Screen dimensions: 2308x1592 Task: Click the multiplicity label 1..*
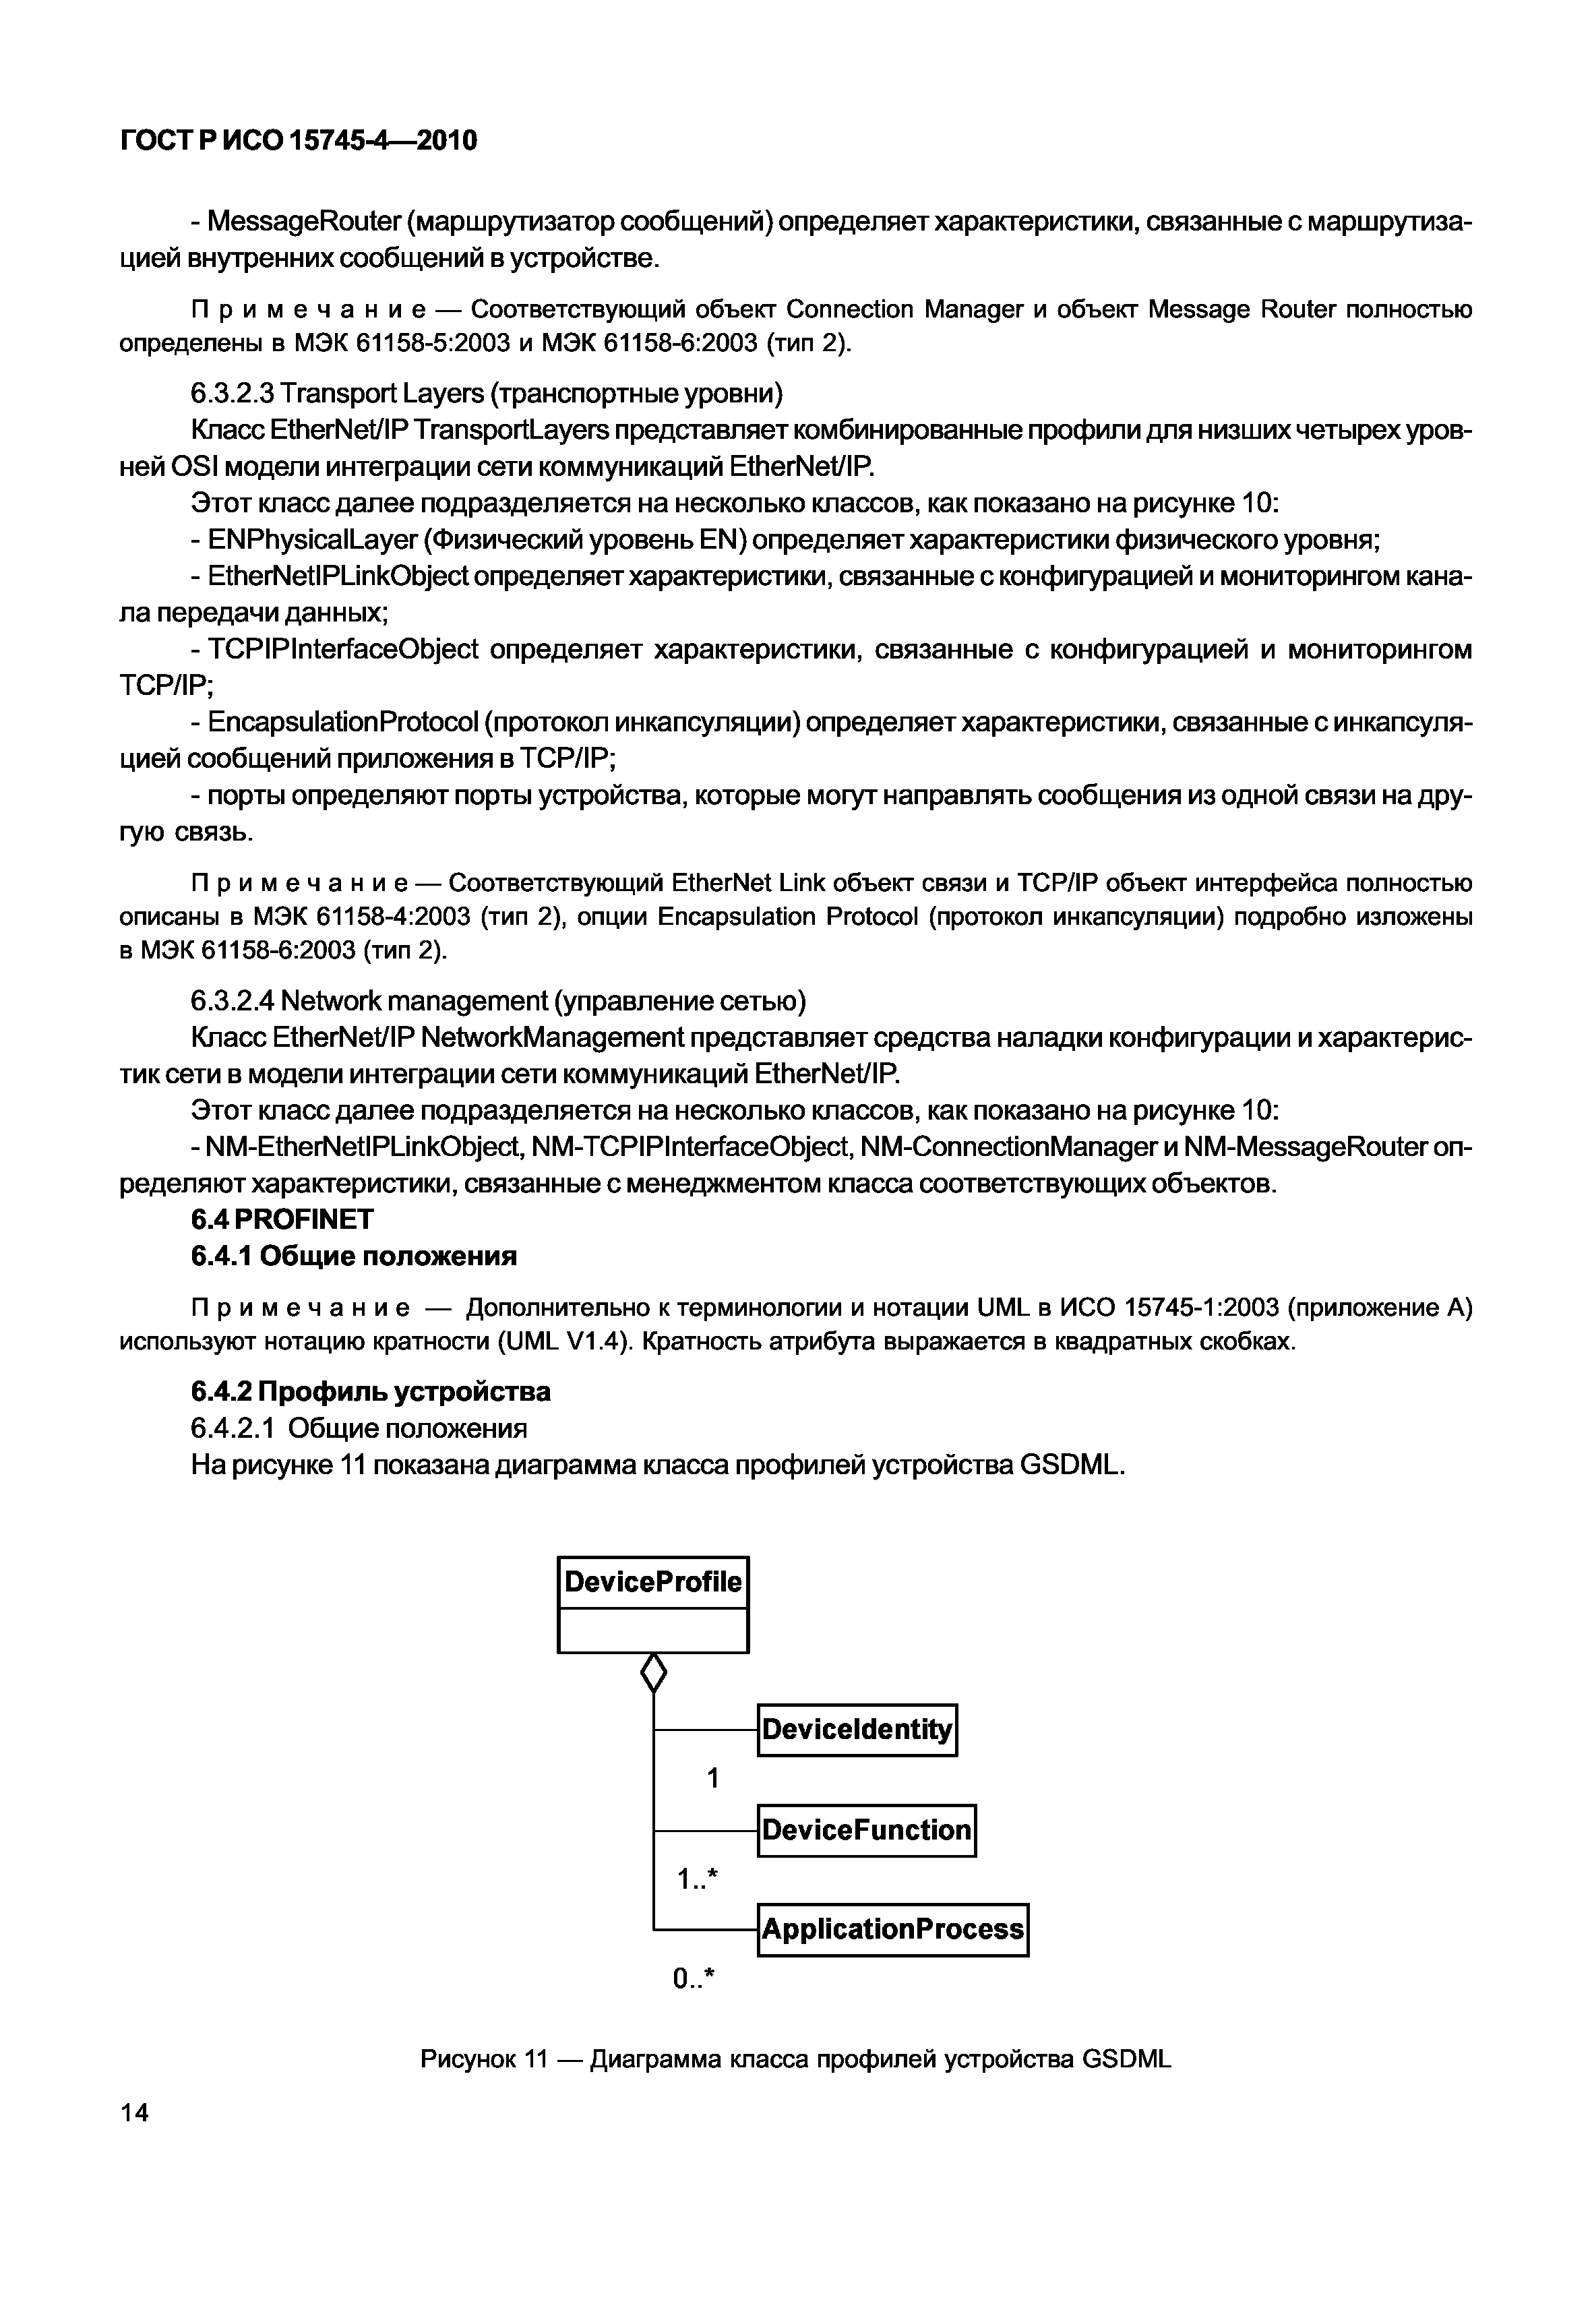(697, 1879)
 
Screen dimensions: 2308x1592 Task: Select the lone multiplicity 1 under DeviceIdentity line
(712, 1778)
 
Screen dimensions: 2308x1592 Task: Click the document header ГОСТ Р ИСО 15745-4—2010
(299, 141)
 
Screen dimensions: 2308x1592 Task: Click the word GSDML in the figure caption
(1126, 2059)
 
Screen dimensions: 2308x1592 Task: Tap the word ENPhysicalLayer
(312, 540)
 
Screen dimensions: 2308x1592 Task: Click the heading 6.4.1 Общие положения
(353, 1256)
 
